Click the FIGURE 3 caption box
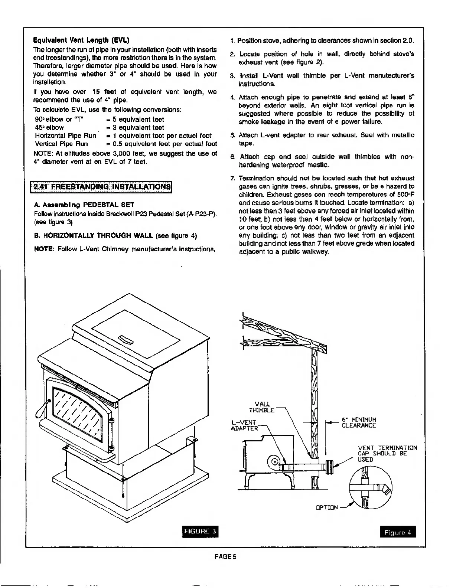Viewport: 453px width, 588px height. (200, 532)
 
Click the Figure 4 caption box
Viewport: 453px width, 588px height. (398, 532)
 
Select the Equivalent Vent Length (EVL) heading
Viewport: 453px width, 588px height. (81, 40)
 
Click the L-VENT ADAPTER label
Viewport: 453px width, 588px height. (244, 425)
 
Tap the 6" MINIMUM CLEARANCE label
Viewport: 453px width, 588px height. (358, 423)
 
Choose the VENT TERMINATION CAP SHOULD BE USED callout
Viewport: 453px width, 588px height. (387, 454)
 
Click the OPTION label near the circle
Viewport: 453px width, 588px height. (327, 507)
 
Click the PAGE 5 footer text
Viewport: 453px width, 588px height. (226, 556)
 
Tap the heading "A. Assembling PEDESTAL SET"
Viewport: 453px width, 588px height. (84, 205)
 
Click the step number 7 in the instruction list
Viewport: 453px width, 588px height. (232, 178)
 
